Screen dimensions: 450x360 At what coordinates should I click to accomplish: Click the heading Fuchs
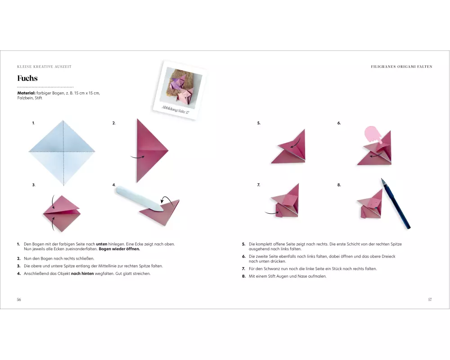coord(27,78)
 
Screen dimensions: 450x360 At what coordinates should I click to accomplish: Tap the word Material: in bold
coord(26,93)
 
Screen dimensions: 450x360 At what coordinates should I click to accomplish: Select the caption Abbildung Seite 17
coord(175,109)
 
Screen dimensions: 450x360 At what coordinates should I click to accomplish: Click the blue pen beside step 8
coord(396,203)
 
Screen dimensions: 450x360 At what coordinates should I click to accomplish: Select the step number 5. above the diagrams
coord(259,123)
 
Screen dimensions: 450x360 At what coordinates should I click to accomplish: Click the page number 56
coord(19,299)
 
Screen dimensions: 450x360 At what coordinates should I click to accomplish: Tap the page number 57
coord(430,299)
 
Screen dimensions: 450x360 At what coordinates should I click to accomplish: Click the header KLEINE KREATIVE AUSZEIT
coord(44,67)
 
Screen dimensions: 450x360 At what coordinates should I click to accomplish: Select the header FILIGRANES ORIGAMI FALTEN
coord(401,67)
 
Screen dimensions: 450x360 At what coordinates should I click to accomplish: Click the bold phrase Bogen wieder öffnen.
coord(119,249)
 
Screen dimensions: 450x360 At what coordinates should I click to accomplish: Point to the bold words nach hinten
coord(82,274)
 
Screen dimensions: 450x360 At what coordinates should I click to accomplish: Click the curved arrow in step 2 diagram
coord(137,157)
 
